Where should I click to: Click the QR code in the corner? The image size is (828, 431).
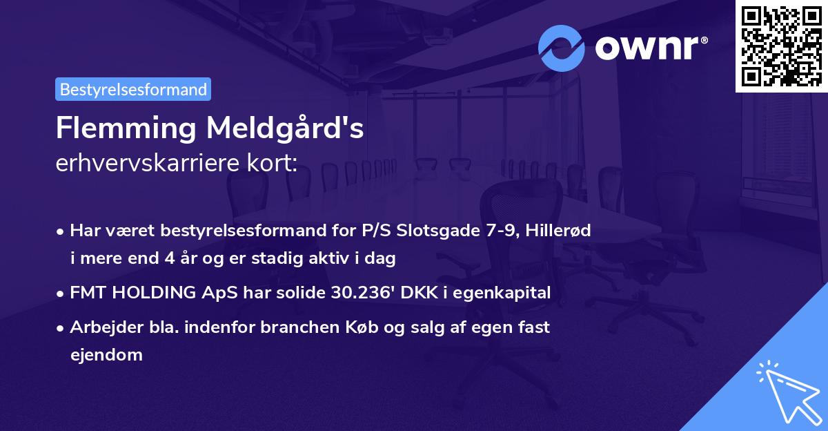[781, 46]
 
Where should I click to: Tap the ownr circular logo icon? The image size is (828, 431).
[562, 48]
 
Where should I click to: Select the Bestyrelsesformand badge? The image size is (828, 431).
[133, 89]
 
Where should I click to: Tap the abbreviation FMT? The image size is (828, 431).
[89, 293]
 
